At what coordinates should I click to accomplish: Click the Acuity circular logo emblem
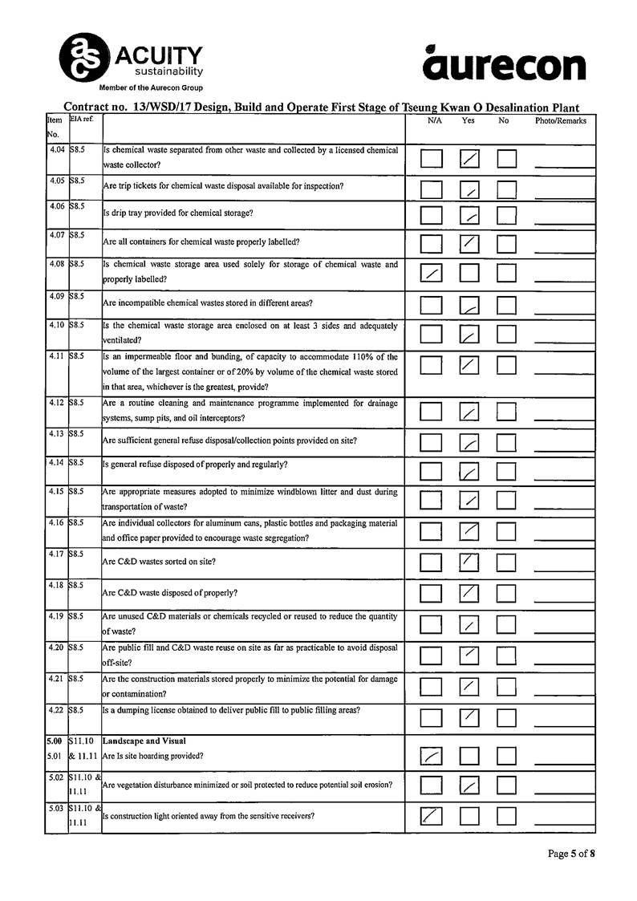click(x=83, y=57)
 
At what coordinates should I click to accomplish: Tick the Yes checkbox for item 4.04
click(x=469, y=158)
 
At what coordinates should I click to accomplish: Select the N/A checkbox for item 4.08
click(x=432, y=273)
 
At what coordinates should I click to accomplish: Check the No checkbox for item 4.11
click(x=506, y=365)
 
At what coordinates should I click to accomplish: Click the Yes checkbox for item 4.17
click(x=469, y=562)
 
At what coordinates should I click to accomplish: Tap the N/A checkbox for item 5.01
click(x=432, y=755)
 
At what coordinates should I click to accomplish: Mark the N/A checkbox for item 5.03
click(x=432, y=816)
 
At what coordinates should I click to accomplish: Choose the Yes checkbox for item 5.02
click(x=469, y=785)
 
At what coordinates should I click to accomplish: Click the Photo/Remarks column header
click(x=561, y=121)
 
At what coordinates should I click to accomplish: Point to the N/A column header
click(x=435, y=121)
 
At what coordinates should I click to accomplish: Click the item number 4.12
click(x=56, y=403)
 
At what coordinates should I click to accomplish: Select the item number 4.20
click(x=56, y=647)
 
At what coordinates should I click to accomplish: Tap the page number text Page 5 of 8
click(x=571, y=854)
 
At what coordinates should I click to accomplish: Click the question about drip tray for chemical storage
click(x=178, y=213)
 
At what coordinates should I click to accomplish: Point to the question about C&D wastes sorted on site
click(x=159, y=562)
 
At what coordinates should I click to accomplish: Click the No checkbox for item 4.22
click(x=506, y=716)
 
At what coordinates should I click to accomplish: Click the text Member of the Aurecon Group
click(x=151, y=87)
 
